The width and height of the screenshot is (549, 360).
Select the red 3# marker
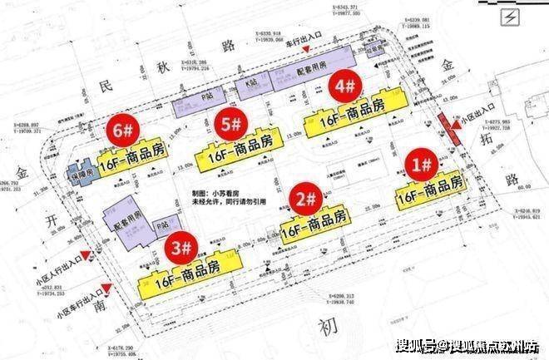click(x=180, y=247)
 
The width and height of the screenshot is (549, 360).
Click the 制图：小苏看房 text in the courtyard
click(x=218, y=190)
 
